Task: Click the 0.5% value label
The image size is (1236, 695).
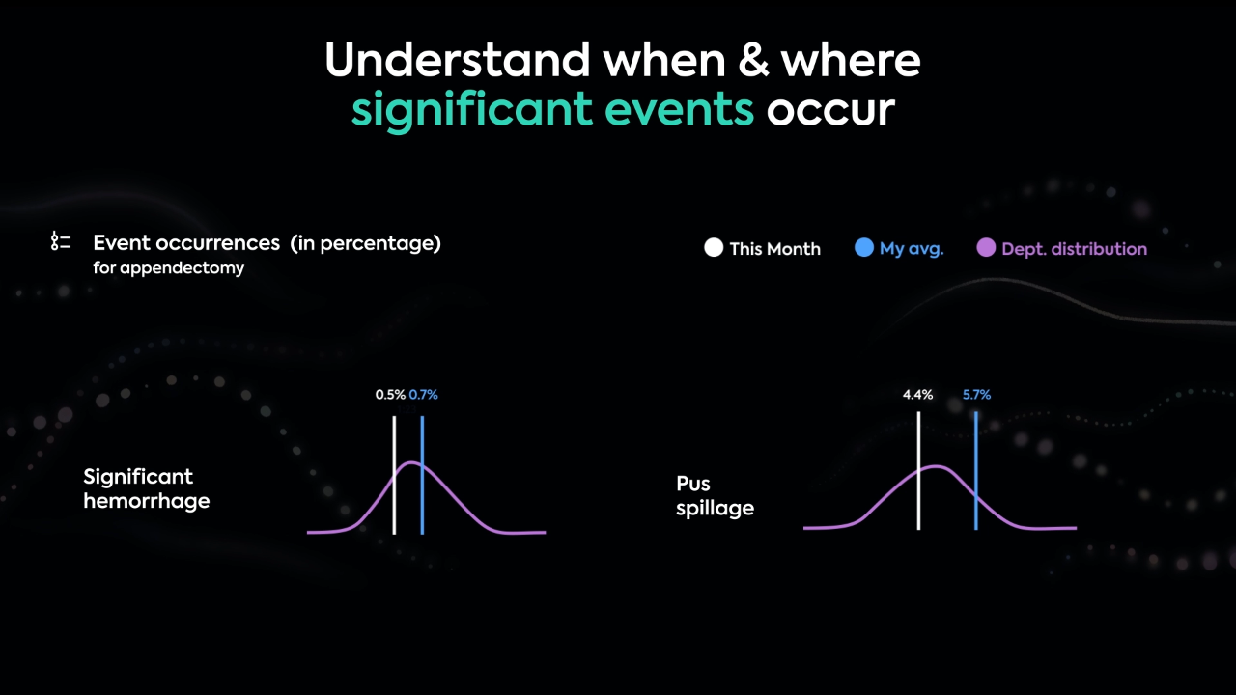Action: pos(390,395)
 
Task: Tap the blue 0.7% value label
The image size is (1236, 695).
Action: pos(423,395)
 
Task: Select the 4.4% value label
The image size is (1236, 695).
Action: pos(917,395)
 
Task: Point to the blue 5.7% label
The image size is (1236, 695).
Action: pos(976,395)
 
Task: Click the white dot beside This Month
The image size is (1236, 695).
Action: pos(714,248)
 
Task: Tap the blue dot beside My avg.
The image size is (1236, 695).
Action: pos(864,248)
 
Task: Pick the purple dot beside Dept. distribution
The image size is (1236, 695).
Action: pos(986,248)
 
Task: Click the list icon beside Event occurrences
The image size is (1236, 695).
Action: pos(61,241)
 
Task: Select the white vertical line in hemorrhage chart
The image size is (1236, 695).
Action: pos(394,475)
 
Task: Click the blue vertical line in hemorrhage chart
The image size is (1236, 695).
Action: pos(422,475)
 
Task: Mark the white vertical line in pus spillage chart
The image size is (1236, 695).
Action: pos(918,470)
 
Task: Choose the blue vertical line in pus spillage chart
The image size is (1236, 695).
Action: pos(976,470)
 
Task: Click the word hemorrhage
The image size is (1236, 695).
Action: pos(147,501)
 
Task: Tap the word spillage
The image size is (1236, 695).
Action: pos(716,508)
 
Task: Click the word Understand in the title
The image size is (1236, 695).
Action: pos(458,60)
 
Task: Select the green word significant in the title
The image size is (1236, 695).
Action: pos(472,110)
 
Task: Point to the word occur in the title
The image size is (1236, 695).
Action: pos(830,110)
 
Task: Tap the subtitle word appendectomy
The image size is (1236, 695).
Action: pos(183,268)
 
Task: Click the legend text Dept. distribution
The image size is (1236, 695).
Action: pos(1075,249)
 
